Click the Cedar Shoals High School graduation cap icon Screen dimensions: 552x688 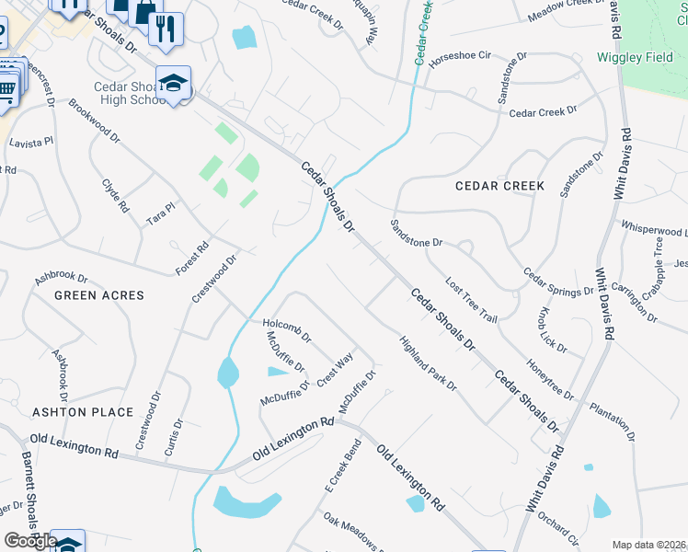pos(173,84)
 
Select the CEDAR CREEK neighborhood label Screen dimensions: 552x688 pos(500,186)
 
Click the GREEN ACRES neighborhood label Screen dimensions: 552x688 pos(99,295)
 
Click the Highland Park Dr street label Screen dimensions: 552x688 pos(428,363)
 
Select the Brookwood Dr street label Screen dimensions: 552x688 pos(94,120)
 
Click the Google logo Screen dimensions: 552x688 pos(31,541)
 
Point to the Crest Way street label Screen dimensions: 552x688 pos(335,370)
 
